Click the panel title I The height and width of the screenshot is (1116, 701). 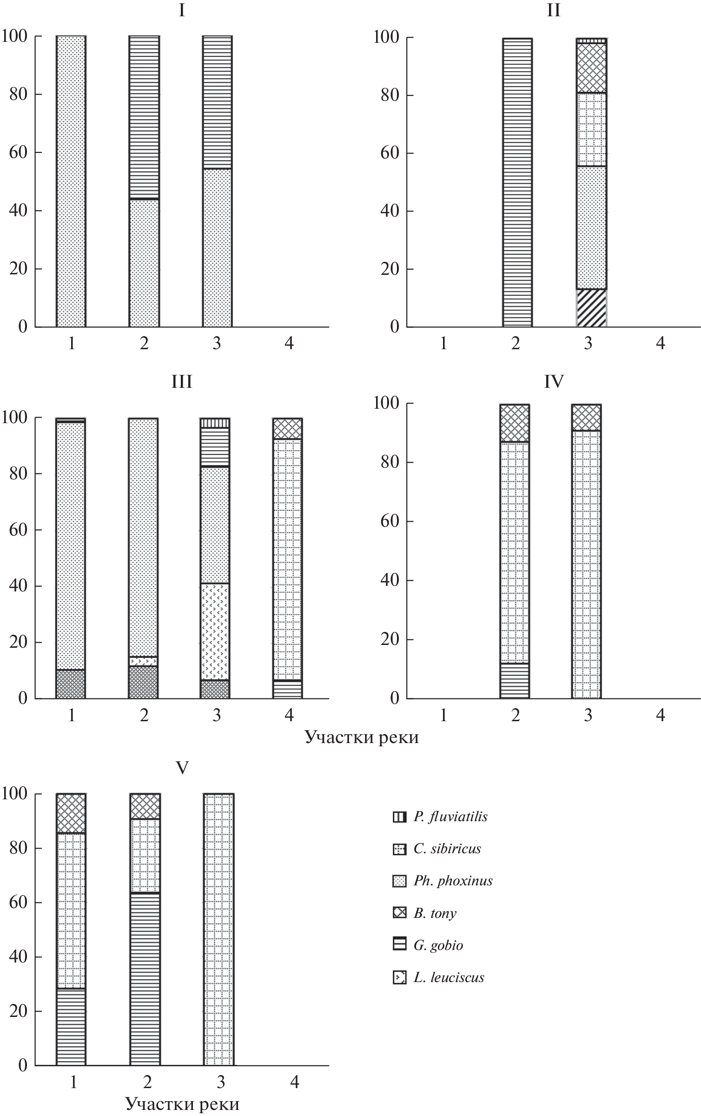(x=182, y=11)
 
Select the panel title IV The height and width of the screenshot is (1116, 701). (x=554, y=381)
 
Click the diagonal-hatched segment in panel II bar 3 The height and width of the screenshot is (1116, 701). (x=591, y=308)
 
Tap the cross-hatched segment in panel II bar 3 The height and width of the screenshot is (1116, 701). (x=591, y=68)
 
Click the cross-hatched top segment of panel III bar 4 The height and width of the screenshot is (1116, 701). (x=287, y=429)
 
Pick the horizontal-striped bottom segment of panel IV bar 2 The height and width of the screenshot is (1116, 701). (x=515, y=680)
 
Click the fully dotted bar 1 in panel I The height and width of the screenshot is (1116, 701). (x=71, y=181)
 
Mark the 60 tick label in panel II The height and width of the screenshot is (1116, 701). (x=390, y=153)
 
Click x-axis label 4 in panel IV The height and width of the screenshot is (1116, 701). (x=660, y=715)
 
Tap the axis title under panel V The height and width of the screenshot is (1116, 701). (x=182, y=1104)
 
